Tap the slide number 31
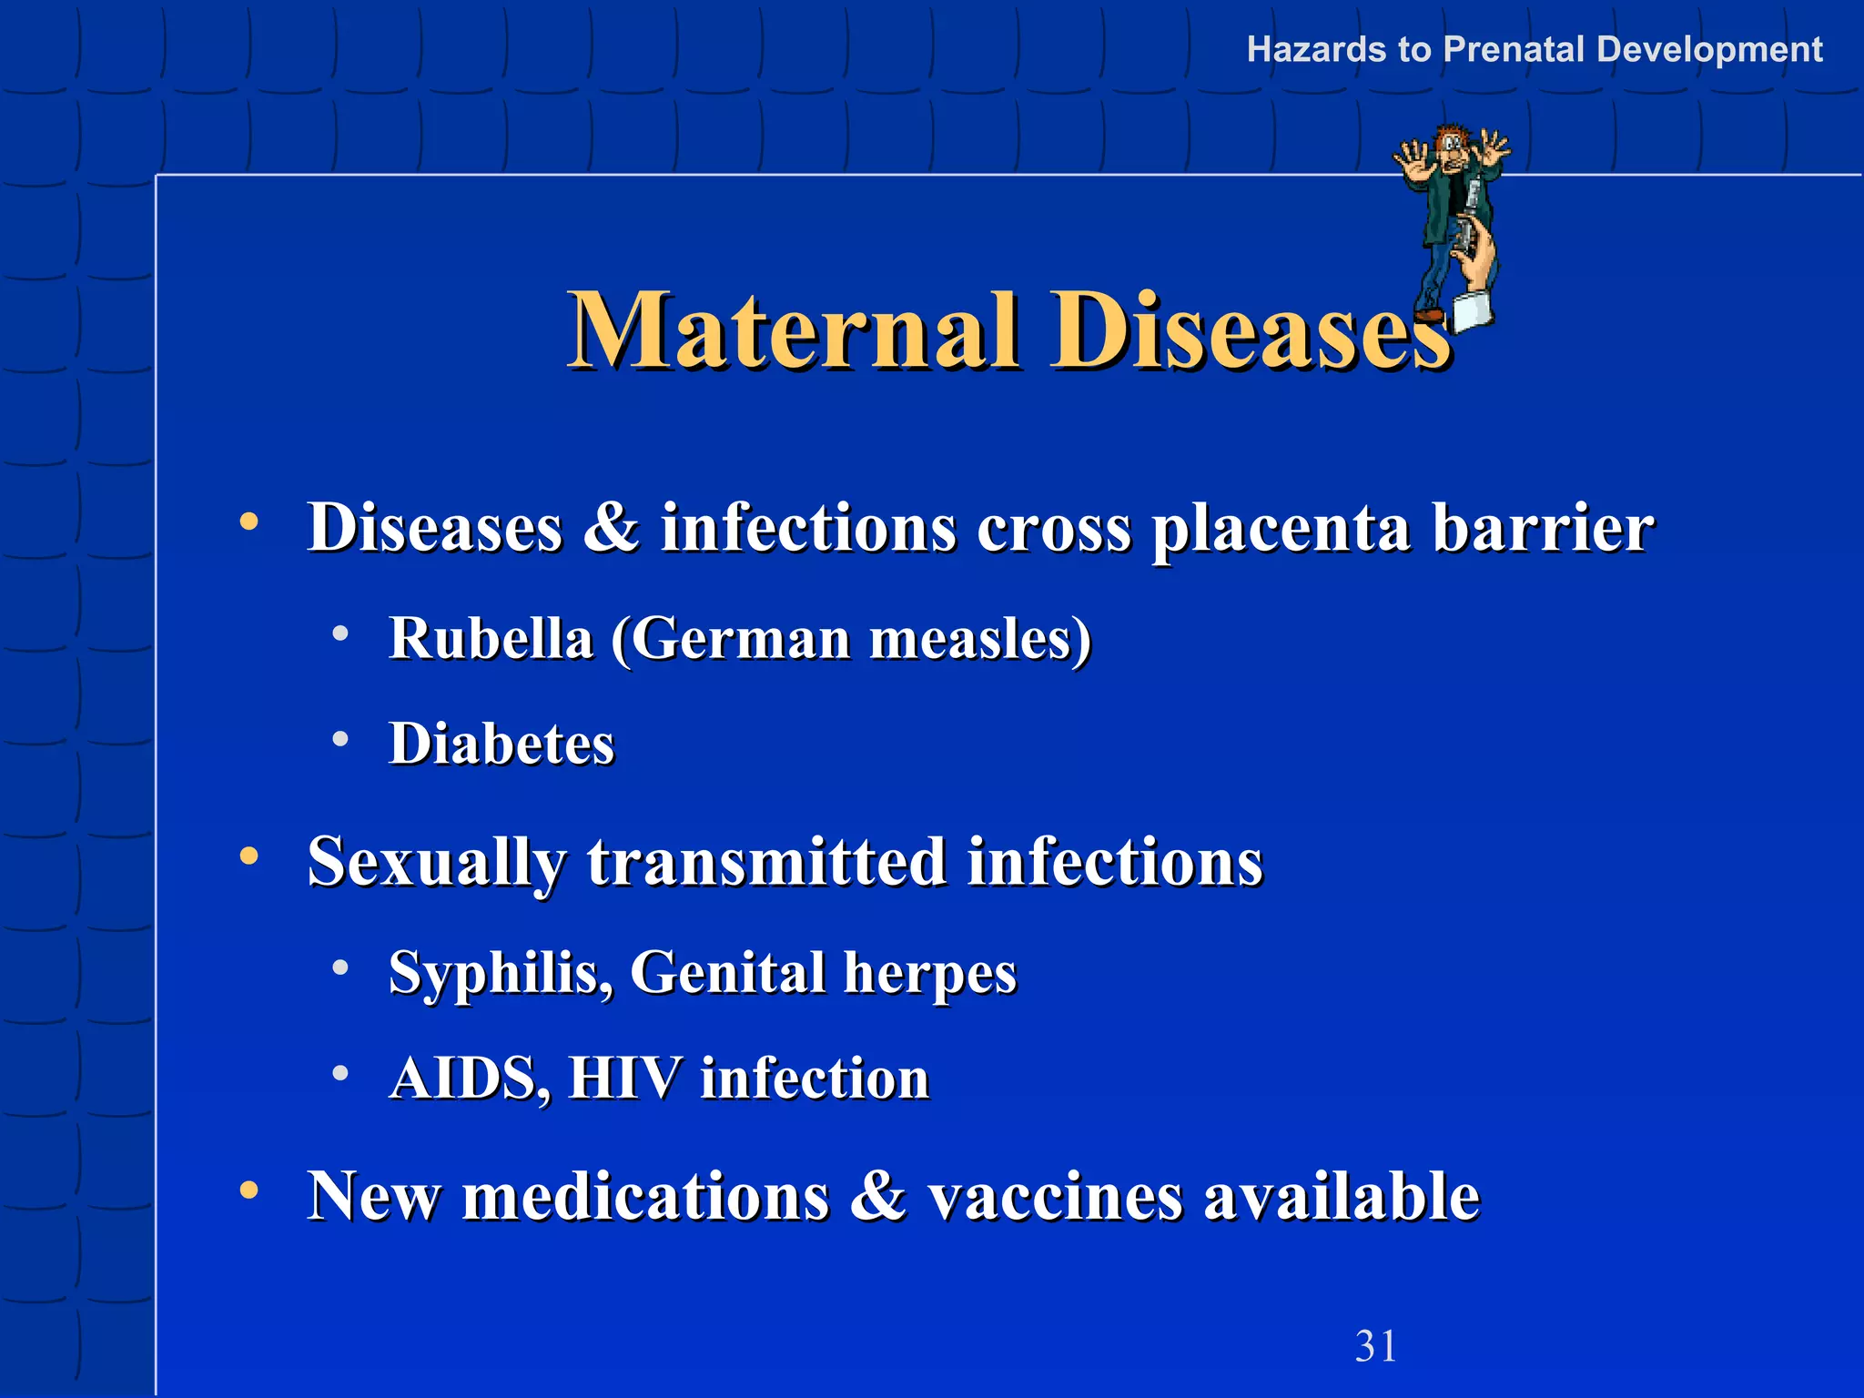1375,1346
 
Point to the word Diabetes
501,743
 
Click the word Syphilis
500,972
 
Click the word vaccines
1055,1195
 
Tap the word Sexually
436,862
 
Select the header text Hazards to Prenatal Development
1534,49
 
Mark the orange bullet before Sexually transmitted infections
248,856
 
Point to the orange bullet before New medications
248,1190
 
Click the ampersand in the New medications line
877,1195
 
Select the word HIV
624,1079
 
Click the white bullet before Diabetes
340,739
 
